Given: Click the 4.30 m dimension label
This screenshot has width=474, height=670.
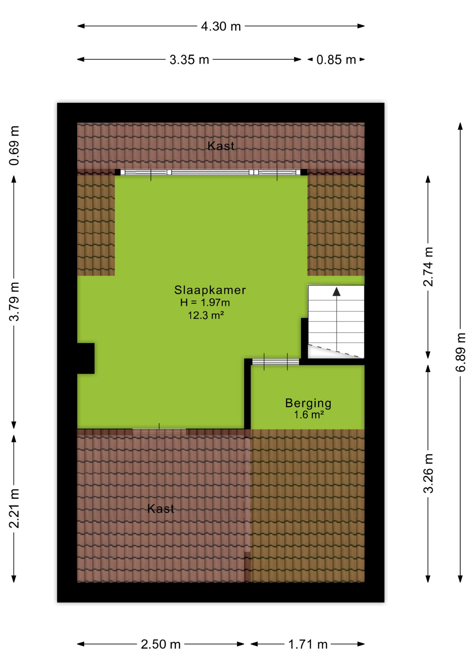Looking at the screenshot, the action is tap(221, 26).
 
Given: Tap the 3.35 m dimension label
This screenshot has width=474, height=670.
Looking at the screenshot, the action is tap(189, 60).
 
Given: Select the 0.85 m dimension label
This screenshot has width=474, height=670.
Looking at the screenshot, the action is tap(336, 60).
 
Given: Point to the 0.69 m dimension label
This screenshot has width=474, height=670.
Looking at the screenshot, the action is tap(14, 146).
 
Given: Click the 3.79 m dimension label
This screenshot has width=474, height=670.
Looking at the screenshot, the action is tap(14, 301).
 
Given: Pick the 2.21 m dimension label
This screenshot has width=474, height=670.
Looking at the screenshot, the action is tap(14, 508).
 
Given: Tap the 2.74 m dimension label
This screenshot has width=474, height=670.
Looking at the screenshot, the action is tap(428, 267).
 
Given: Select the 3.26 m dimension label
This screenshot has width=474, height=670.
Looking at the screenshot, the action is tap(428, 473).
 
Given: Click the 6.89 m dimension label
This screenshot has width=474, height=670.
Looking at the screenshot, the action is tap(461, 352).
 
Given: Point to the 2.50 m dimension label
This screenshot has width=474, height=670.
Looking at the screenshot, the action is tap(161, 645).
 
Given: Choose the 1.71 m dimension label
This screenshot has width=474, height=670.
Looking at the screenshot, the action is tap(308, 645).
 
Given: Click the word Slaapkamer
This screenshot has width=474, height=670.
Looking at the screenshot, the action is tap(210, 290).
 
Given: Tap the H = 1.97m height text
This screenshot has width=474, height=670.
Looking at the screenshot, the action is tap(205, 303).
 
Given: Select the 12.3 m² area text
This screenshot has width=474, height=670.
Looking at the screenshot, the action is tap(206, 315).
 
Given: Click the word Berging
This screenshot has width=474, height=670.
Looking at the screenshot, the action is tap(308, 403).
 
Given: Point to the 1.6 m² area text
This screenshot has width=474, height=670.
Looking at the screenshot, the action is tap(309, 415).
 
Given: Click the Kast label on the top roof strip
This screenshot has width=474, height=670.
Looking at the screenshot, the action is tap(221, 146).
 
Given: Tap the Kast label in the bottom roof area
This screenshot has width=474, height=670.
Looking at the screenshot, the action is tap(161, 509).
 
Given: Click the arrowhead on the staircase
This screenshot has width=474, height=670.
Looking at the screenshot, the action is tap(336, 292).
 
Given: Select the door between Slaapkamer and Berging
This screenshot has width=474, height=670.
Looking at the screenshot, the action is tap(276, 362).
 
